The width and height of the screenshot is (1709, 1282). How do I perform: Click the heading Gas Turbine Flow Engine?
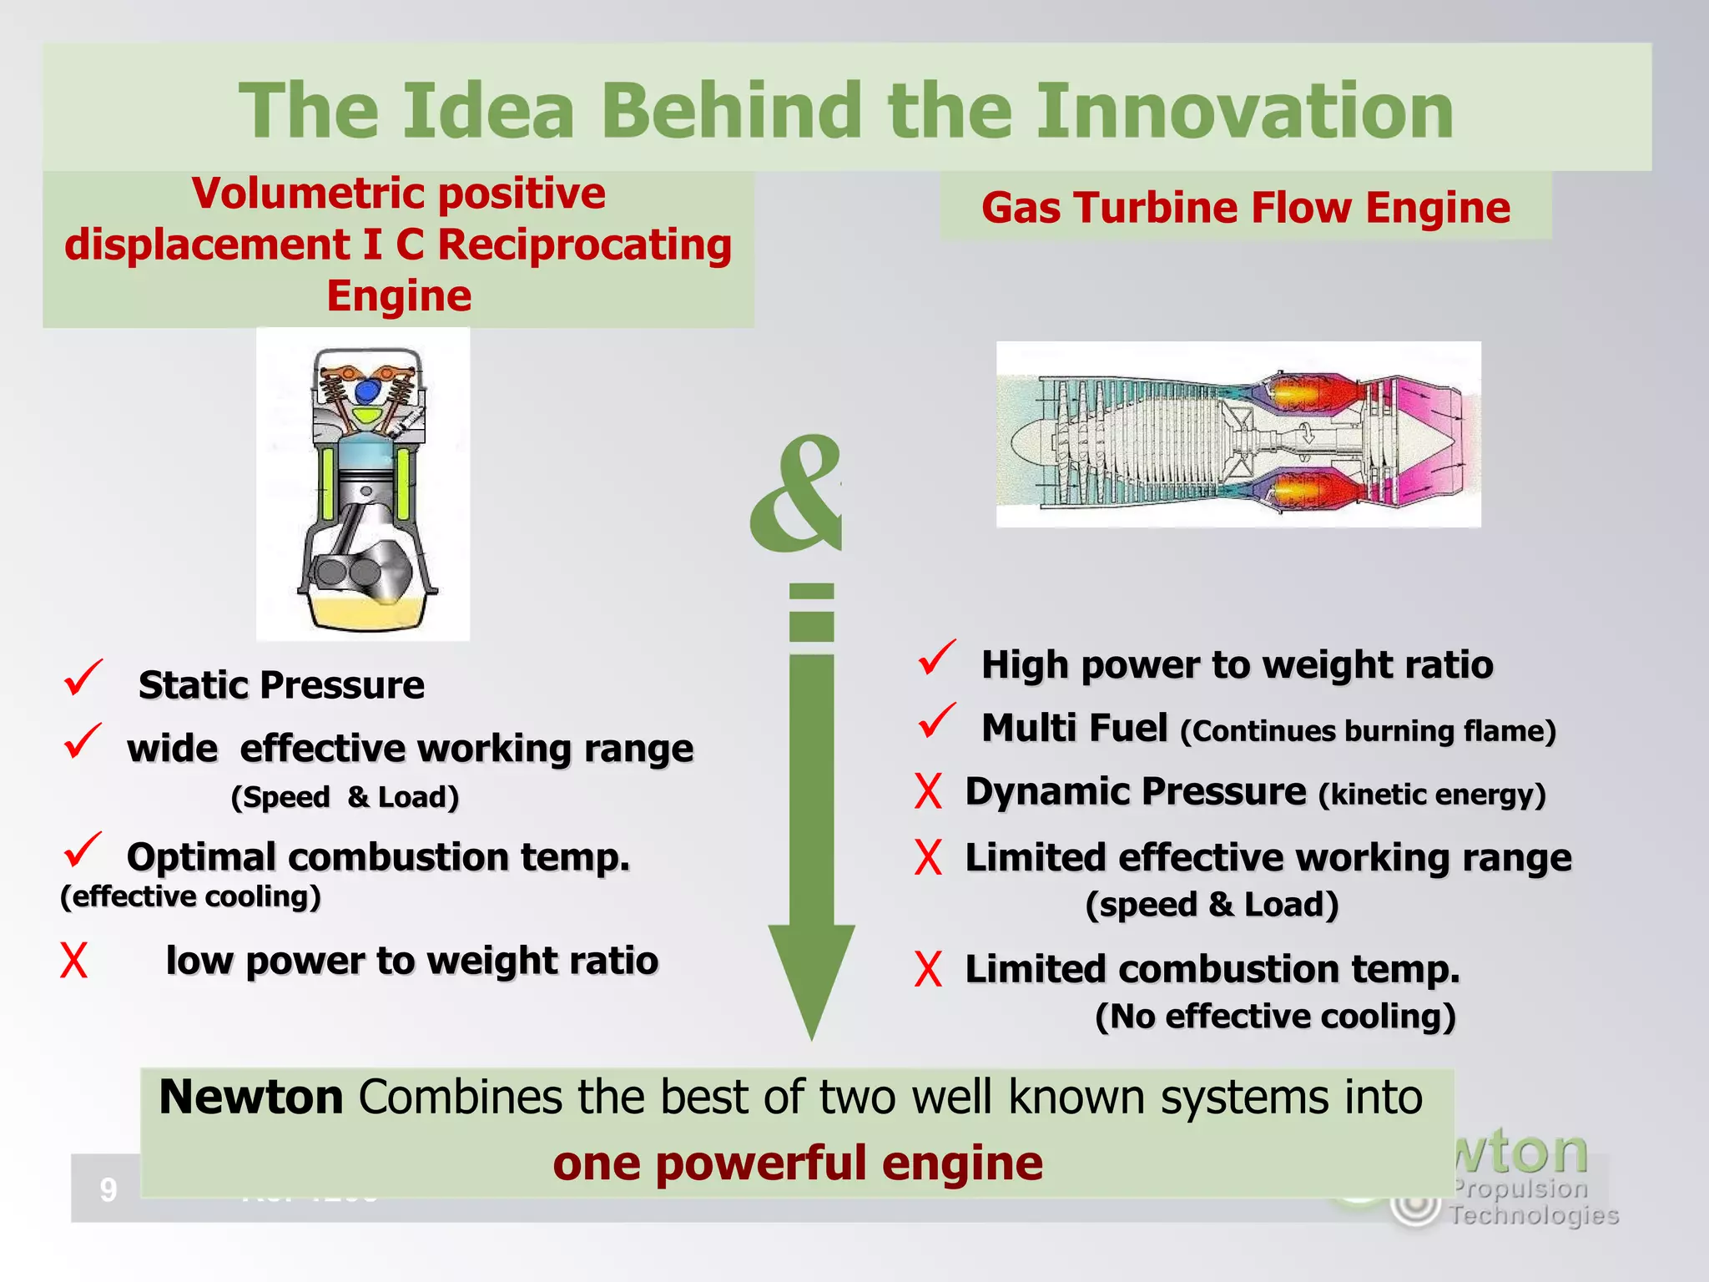pos(1245,208)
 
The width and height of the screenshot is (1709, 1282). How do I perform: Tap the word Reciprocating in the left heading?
pos(584,245)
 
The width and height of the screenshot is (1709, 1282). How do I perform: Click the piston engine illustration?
pos(363,484)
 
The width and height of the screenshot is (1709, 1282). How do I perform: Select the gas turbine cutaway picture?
pos(1238,434)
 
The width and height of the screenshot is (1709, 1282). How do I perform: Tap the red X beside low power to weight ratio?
pos(73,961)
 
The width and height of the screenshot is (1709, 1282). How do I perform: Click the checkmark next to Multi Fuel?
pos(936,722)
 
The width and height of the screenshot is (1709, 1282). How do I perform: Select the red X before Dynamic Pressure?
pos(928,791)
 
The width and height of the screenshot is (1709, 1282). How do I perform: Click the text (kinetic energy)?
pos(1432,795)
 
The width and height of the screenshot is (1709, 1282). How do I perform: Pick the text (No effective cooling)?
pos(1275,1017)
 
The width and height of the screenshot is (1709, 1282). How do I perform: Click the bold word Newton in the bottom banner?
pos(251,1097)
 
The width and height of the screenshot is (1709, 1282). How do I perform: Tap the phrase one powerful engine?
pos(798,1163)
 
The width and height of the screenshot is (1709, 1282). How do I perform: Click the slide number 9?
pos(108,1189)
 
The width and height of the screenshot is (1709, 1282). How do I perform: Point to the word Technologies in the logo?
pos(1534,1216)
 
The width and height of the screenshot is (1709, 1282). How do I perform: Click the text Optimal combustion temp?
pos(378,857)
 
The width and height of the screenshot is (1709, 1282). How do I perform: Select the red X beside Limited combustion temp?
pos(928,970)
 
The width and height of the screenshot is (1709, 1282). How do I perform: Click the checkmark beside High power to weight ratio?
pos(936,659)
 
